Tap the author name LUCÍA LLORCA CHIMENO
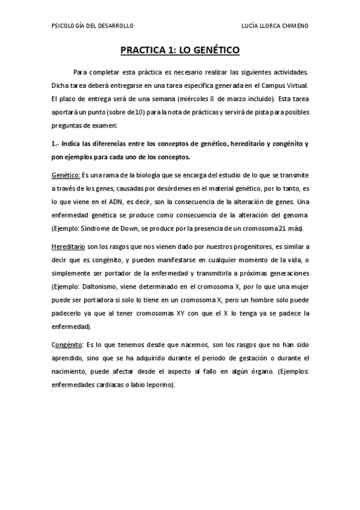[275, 26]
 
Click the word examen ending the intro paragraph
[104, 125]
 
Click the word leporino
[159, 386]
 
